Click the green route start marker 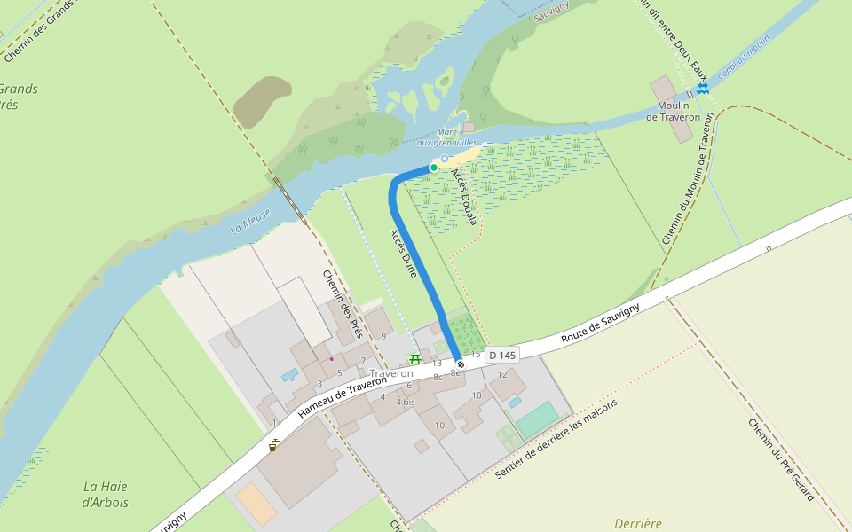(x=434, y=167)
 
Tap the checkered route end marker (x=459, y=364)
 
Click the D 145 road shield (x=501, y=355)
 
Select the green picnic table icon (x=414, y=357)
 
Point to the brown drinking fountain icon (x=273, y=445)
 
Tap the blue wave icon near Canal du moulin (x=703, y=90)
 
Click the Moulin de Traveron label (x=673, y=112)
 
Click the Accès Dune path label (x=403, y=254)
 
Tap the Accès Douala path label (x=465, y=196)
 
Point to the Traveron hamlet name (x=391, y=373)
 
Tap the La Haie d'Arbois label (x=106, y=494)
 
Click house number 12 (x=502, y=374)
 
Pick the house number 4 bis (x=406, y=403)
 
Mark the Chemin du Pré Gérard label (x=781, y=459)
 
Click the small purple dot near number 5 (x=331, y=359)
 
